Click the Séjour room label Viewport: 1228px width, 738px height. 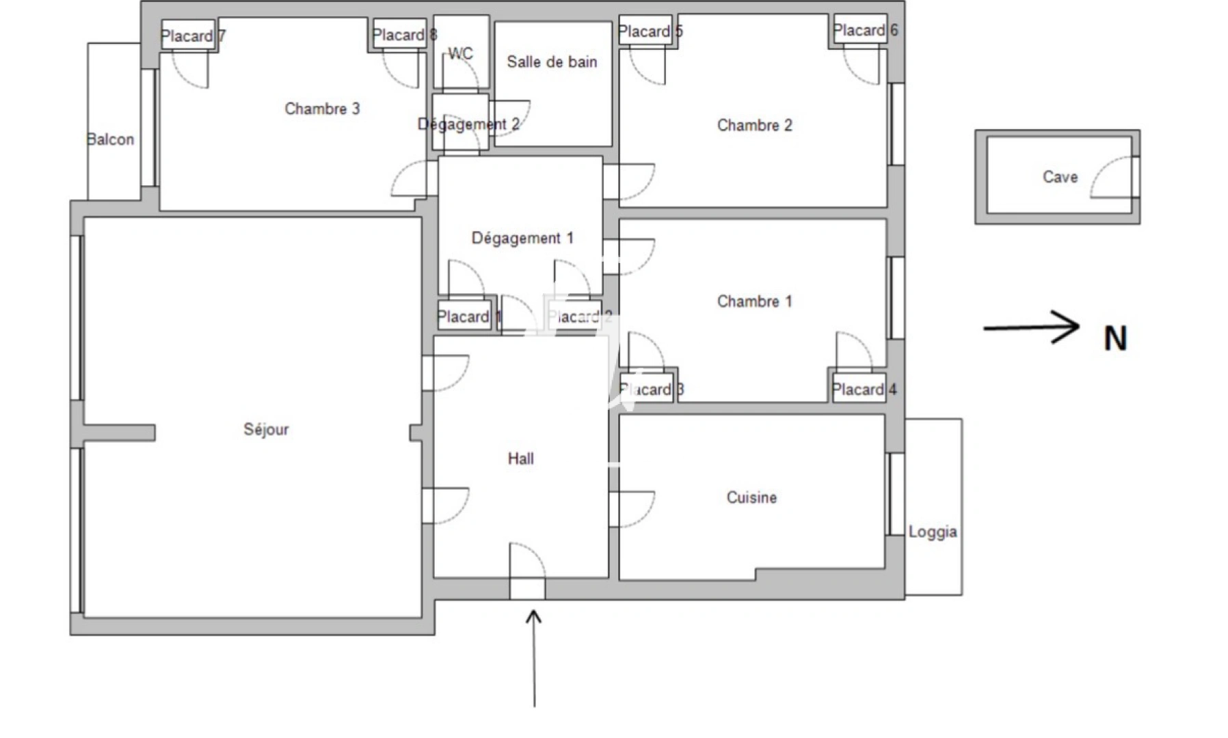point(266,429)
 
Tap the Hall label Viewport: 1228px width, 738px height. point(520,459)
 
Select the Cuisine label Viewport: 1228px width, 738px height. point(751,497)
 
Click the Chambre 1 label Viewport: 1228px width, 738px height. point(754,301)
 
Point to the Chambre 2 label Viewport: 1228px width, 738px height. point(754,125)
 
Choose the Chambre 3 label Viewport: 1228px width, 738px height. point(322,109)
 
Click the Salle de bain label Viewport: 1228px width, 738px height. point(552,61)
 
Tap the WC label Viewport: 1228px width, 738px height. point(460,53)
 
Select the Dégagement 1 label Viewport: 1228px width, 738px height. point(522,238)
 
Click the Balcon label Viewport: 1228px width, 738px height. point(110,139)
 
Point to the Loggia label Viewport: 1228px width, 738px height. point(933,532)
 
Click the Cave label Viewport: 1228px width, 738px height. point(1060,177)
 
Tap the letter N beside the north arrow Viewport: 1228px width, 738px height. point(1115,338)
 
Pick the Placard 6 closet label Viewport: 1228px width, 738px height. point(865,30)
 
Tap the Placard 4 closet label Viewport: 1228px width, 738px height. point(864,389)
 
